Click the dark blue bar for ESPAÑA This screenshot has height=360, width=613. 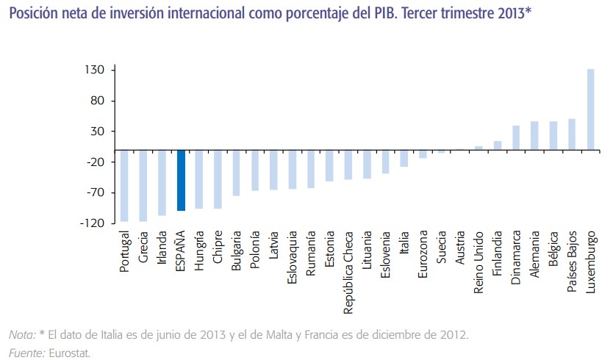181,180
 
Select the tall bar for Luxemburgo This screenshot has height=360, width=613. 590,109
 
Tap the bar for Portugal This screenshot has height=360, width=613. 125,185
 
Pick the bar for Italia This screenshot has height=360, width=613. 404,158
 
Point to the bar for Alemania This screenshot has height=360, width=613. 534,135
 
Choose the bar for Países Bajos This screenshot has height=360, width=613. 572,134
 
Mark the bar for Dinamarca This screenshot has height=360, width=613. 516,137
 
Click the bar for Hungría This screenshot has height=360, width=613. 199,179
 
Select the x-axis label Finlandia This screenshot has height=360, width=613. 498,253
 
